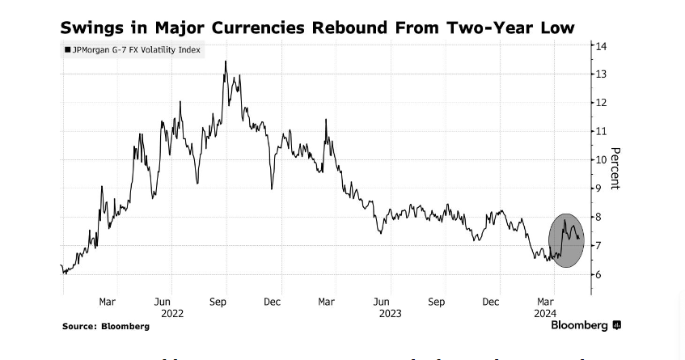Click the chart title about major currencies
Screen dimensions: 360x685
click(317, 28)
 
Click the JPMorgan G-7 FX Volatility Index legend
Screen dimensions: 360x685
click(133, 50)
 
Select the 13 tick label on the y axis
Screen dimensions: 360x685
click(602, 74)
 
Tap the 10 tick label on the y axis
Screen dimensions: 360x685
click(602, 159)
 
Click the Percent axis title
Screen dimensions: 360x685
click(615, 168)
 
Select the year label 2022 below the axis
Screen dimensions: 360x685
click(172, 313)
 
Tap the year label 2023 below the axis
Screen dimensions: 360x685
click(390, 313)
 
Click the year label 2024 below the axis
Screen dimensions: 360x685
click(544, 313)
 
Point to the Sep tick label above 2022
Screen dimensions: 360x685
click(218, 302)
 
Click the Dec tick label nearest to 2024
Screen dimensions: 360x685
click(491, 302)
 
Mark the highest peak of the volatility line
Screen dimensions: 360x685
click(226, 61)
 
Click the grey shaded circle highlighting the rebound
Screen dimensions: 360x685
click(566, 240)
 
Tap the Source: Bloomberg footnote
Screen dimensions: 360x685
click(106, 326)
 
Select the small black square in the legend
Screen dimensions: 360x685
click(68, 50)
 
